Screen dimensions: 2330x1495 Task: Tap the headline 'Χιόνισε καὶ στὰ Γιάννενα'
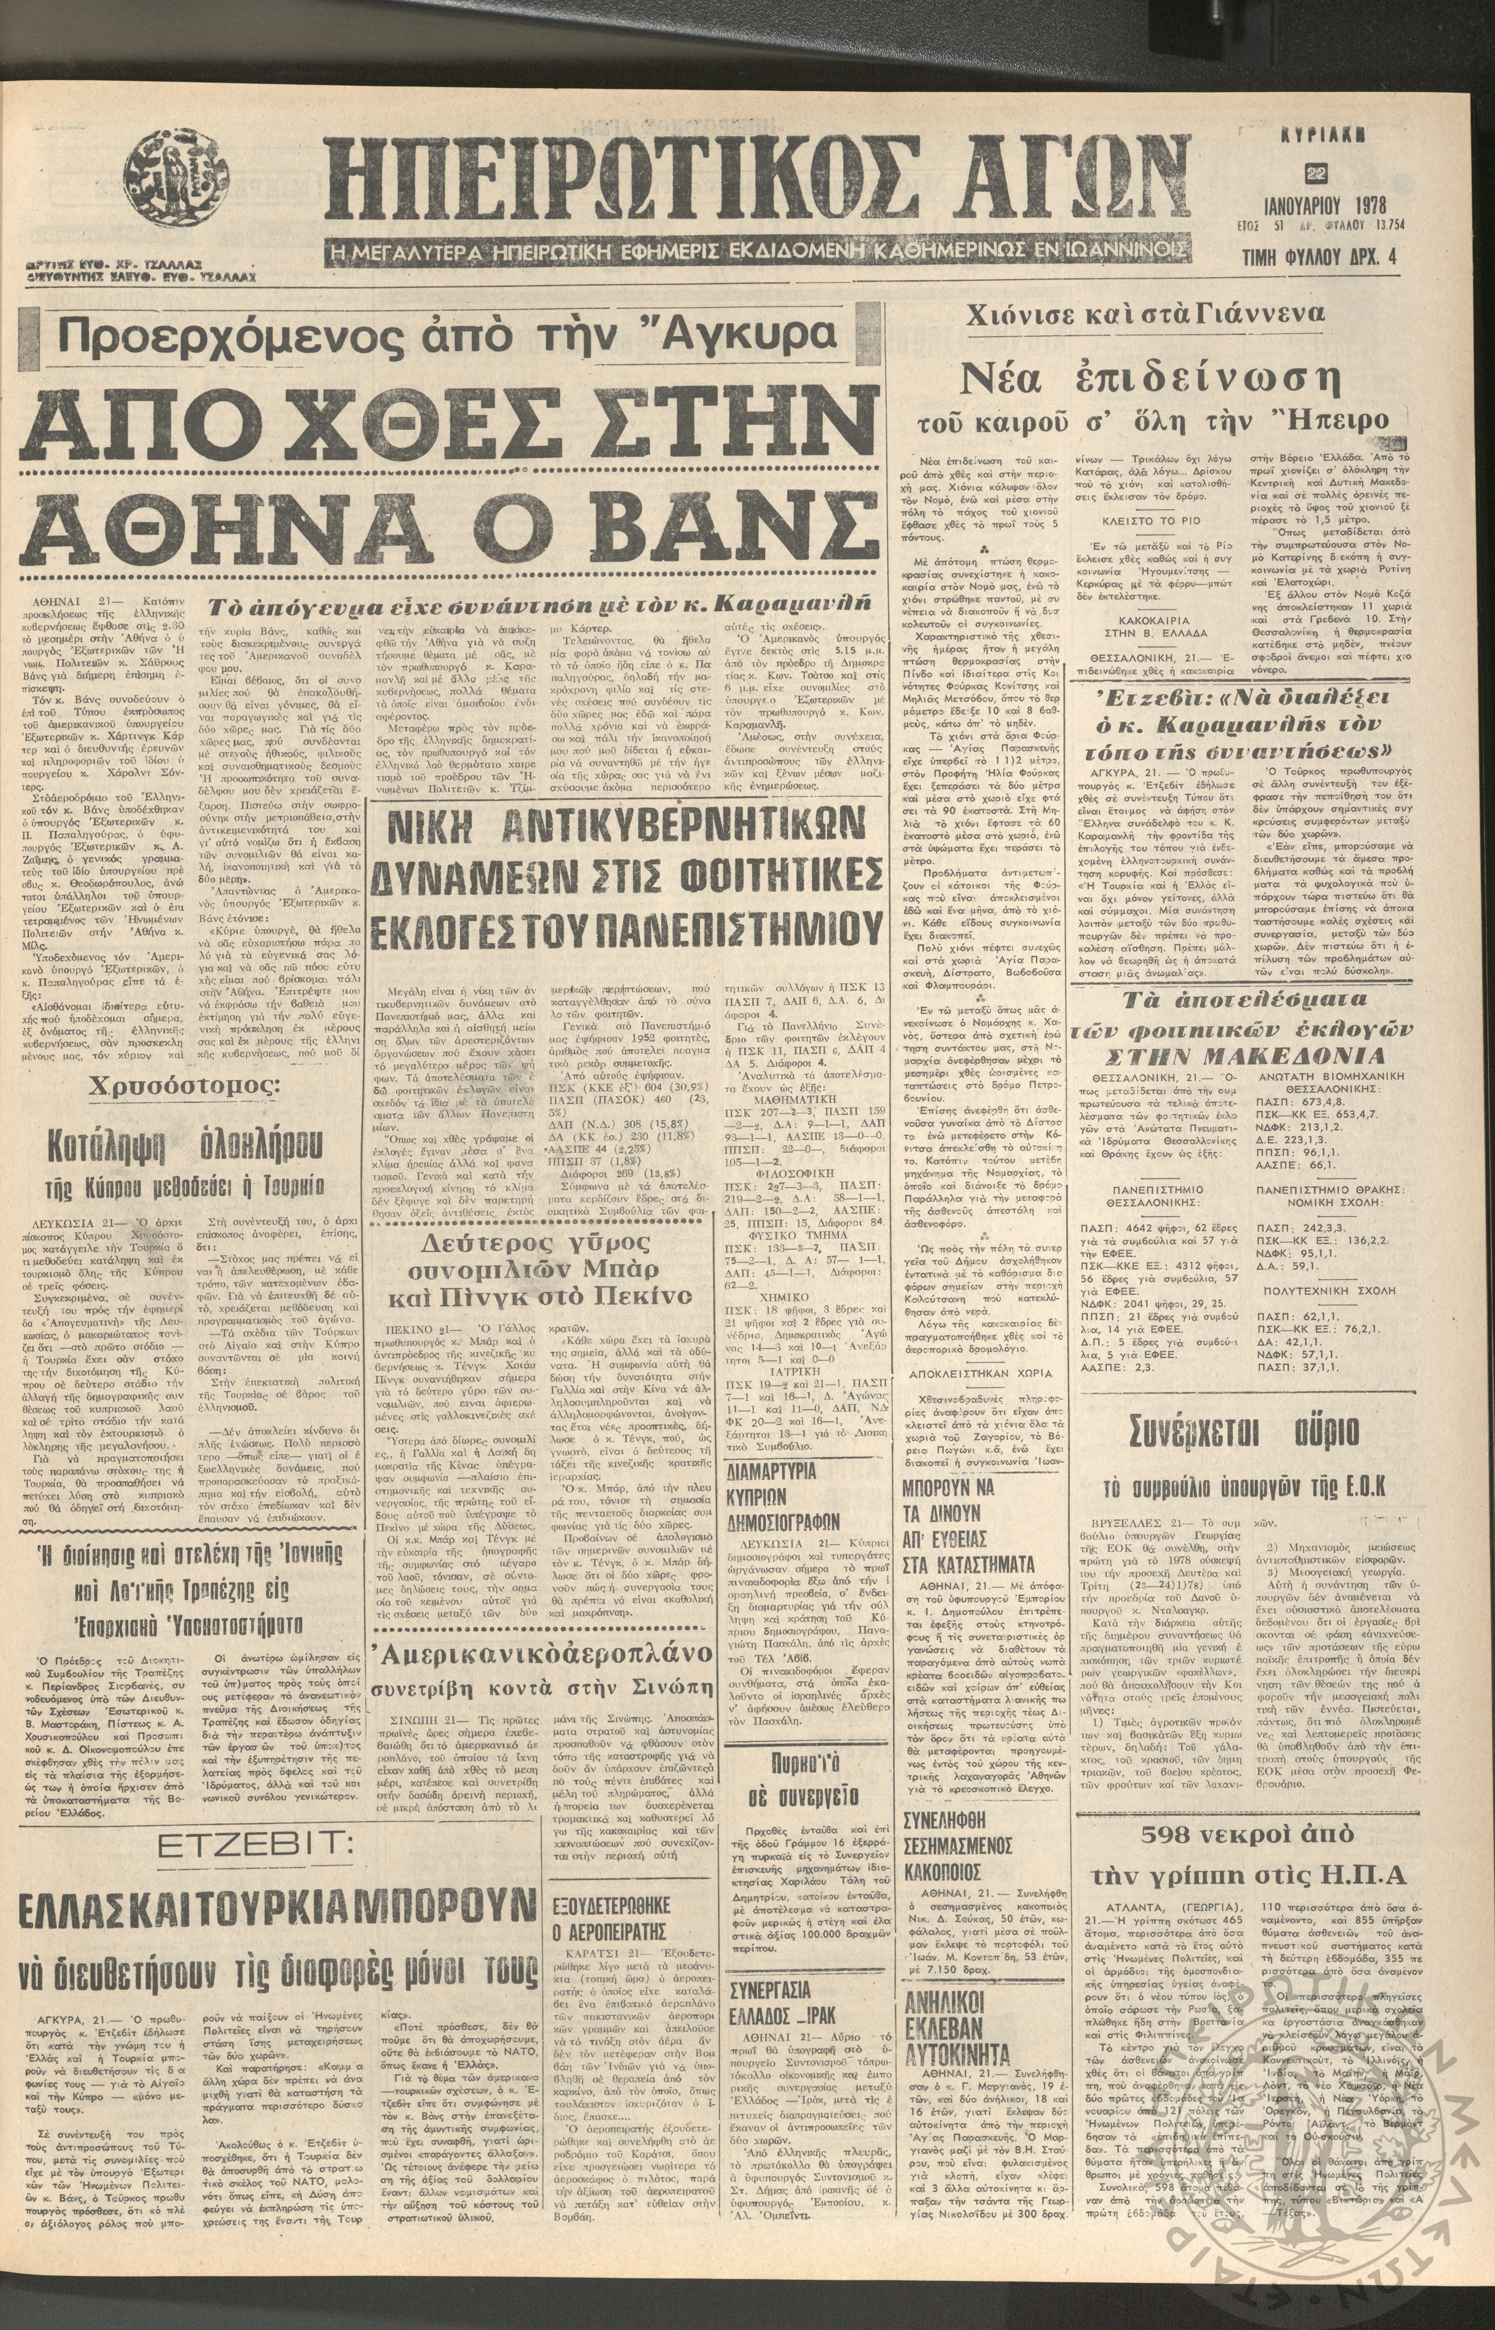pyautogui.click(x=1143, y=314)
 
